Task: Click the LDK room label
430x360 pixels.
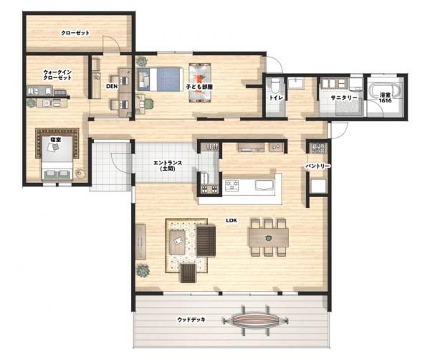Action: (x=231, y=220)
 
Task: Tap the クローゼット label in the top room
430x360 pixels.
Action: (x=75, y=33)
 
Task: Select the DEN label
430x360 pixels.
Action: (x=112, y=86)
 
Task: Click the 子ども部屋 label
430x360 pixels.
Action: (x=199, y=87)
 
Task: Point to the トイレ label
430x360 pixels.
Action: (x=274, y=98)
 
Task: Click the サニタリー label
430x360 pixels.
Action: (x=344, y=98)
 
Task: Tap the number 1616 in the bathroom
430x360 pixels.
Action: (x=385, y=100)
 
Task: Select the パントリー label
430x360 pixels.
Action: (x=318, y=166)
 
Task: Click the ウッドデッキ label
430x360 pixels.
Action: (x=191, y=320)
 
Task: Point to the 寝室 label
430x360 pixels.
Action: (x=55, y=140)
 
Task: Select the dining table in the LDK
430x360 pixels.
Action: (x=269, y=237)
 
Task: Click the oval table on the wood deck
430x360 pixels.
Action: (x=256, y=321)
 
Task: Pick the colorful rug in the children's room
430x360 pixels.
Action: (x=200, y=83)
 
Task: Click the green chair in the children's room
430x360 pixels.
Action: (x=148, y=104)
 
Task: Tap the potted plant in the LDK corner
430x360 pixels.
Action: (x=143, y=270)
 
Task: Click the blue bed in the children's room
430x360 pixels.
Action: (x=161, y=80)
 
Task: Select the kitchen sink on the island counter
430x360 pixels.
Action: (x=264, y=185)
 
